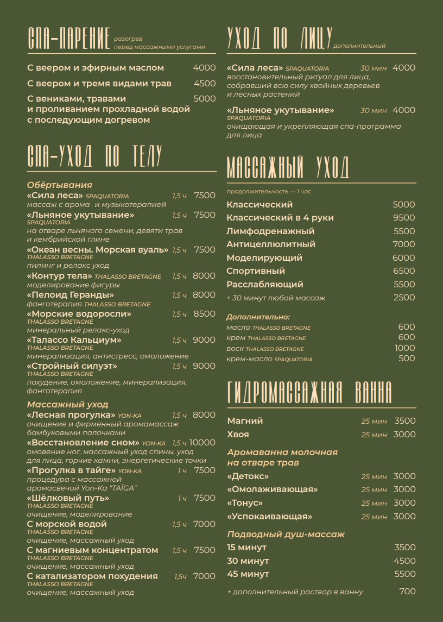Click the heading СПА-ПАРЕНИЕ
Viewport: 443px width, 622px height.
(x=69, y=39)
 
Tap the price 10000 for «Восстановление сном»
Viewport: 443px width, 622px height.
(x=202, y=443)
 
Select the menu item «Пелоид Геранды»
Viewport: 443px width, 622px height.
(x=70, y=295)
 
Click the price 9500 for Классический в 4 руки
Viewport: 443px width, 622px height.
(x=404, y=218)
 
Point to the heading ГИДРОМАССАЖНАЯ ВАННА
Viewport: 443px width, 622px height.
(x=309, y=393)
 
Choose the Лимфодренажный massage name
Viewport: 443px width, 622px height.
(x=270, y=231)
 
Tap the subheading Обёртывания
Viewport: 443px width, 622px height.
(x=60, y=185)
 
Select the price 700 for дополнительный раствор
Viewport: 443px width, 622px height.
(x=407, y=592)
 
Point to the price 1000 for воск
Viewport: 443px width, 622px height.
(x=404, y=348)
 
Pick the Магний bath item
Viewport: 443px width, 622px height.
(x=245, y=421)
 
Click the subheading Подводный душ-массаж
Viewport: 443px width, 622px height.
(x=286, y=535)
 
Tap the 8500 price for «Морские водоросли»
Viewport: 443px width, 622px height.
(x=204, y=314)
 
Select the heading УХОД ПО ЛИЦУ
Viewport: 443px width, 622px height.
(x=279, y=39)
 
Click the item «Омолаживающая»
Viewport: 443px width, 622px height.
(x=272, y=489)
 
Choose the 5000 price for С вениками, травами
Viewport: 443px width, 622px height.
(x=205, y=99)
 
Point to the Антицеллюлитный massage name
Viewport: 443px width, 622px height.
(x=271, y=244)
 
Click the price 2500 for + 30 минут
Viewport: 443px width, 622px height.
(x=404, y=298)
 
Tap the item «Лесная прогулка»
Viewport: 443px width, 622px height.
(x=72, y=415)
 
